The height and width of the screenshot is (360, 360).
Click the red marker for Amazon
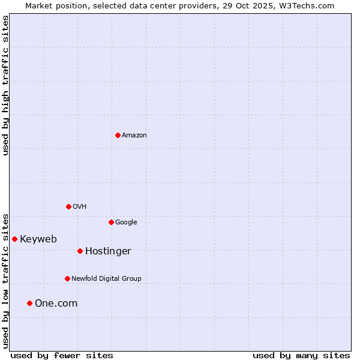click(118, 135)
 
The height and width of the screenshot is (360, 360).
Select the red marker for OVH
click(68, 206)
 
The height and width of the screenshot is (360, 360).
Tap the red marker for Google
click(111, 222)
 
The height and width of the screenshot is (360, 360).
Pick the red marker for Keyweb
click(14, 239)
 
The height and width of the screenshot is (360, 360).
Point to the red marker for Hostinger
click(80, 251)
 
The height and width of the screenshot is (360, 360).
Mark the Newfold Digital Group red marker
click(67, 278)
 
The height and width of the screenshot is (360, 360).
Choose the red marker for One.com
click(29, 303)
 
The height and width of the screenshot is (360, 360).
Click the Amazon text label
click(134, 136)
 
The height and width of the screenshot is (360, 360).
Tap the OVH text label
click(80, 207)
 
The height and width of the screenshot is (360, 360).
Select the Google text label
click(126, 223)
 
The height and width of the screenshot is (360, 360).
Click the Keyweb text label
click(38, 239)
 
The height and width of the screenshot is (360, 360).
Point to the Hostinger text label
click(108, 251)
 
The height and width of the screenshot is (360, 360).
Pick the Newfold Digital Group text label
click(106, 279)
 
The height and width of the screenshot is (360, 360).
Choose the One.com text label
click(56, 304)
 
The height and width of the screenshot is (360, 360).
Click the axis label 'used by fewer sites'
click(62, 356)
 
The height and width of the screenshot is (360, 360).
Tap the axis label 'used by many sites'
click(301, 356)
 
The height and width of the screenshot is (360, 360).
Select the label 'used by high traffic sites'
click(5, 85)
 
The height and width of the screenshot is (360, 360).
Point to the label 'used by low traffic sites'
click(5, 280)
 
